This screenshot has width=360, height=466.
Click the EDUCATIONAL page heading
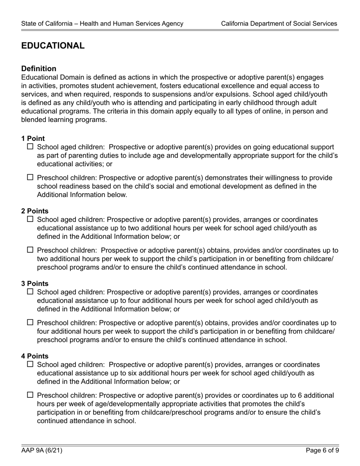pos(53,46)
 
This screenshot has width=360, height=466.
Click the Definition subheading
pos(39,69)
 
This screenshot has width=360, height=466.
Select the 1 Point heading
pos(33,139)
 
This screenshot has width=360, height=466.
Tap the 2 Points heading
pos(35,211)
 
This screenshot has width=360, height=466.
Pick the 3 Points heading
pos(35,284)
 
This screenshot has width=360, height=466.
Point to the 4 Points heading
pos(35,356)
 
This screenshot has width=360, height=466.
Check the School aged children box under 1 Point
pos(31,147)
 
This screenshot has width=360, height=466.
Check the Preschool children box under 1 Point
pos(31,177)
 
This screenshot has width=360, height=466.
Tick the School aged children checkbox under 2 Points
pos(31,219)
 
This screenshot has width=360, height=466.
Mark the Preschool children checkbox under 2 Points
pos(31,250)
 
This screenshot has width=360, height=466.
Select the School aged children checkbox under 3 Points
pos(31,292)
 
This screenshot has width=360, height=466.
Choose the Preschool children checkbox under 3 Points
pos(31,322)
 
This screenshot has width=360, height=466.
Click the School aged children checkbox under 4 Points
pos(31,364)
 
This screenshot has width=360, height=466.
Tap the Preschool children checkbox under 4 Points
pos(31,395)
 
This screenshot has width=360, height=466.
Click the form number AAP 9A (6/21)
pos(42,450)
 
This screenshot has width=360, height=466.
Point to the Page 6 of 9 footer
pos(322,450)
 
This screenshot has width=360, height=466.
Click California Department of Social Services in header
pos(279,23)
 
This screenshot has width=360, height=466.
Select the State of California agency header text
pos(102,23)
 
